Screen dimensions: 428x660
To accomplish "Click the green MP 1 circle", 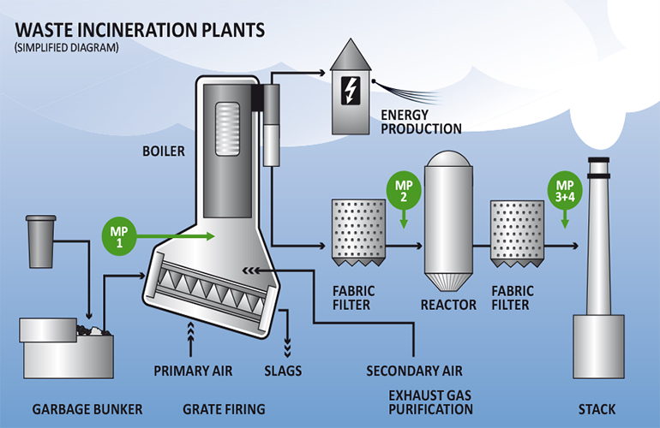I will (x=118, y=233).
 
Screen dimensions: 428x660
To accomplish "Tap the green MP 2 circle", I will (x=405, y=188).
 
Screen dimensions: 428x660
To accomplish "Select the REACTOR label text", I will (x=448, y=305).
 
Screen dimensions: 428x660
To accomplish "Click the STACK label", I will (x=597, y=409).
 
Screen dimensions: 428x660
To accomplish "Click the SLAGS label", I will (x=284, y=372).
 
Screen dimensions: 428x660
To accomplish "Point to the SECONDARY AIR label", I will (x=414, y=372).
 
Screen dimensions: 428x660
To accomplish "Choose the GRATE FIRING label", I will (x=223, y=409).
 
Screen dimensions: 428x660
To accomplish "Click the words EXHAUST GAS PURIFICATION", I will (x=426, y=401).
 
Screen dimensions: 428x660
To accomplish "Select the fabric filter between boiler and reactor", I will (x=356, y=227).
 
